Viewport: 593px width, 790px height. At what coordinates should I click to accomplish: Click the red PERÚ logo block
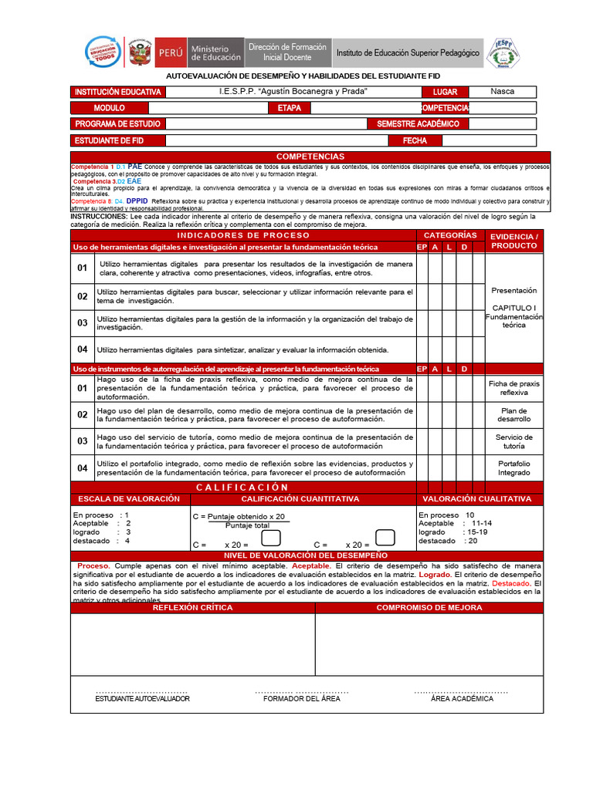[170, 52]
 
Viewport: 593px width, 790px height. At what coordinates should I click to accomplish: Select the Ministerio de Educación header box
[215, 52]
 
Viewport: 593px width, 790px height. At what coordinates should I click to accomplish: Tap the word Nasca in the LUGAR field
[502, 91]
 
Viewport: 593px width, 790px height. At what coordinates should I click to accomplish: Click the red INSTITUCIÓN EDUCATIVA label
[117, 92]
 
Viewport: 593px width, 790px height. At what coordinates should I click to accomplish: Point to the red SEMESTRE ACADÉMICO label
[418, 123]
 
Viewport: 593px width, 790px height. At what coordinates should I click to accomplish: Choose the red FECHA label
[415, 140]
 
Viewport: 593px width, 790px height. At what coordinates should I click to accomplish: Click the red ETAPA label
[289, 108]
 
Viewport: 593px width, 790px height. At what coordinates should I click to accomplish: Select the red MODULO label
[109, 108]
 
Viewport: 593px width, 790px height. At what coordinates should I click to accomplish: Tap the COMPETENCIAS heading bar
[310, 157]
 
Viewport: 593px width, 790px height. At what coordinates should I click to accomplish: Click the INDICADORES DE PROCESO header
[243, 235]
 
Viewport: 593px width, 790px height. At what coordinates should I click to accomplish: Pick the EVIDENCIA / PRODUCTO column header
[513, 240]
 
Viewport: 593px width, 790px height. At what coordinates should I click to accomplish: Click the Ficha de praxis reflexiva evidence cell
[513, 388]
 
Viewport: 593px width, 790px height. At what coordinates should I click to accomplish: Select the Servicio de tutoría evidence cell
[513, 442]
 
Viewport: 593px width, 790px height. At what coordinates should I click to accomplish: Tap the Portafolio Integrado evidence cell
[513, 468]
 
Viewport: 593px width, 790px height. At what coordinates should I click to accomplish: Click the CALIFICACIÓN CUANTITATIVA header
[300, 499]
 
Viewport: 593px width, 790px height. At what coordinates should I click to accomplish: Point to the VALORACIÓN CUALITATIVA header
[477, 499]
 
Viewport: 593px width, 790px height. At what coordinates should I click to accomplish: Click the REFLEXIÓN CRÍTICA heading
[192, 608]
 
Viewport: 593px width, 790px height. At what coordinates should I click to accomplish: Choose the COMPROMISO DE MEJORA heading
[429, 608]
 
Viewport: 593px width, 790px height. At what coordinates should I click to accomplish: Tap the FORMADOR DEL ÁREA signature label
[301, 698]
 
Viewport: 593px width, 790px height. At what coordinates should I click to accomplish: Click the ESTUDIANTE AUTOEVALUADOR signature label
[142, 698]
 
